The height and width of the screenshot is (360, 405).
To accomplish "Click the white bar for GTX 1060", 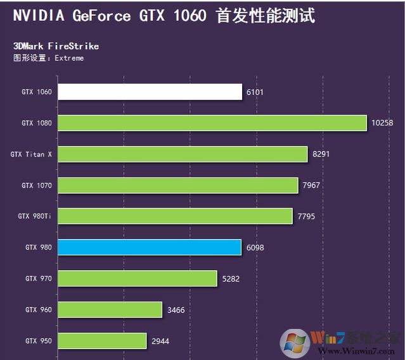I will tap(150, 92).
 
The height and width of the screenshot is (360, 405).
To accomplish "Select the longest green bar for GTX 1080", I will tap(212, 123).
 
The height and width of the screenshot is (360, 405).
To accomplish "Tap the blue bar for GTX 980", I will tap(150, 247).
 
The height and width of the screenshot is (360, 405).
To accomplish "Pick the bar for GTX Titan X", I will tap(183, 154).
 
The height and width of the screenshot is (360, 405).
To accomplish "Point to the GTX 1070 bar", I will tap(178, 185).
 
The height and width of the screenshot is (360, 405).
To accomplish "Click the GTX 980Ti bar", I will tap(175, 216).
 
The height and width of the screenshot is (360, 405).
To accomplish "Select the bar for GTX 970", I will tap(138, 278).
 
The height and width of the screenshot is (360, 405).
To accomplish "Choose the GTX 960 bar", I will tap(110, 309).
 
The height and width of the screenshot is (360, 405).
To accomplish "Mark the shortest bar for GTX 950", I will tap(102, 341).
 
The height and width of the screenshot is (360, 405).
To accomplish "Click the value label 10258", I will tap(382, 123).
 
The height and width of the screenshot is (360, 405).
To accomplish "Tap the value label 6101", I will tap(255, 92).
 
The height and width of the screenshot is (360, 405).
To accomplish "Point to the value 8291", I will tap(321, 154).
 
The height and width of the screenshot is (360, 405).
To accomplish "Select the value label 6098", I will tap(255, 247).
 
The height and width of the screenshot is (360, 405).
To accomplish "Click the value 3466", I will tap(177, 309).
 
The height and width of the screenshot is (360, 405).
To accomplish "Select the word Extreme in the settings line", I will tap(69, 58).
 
